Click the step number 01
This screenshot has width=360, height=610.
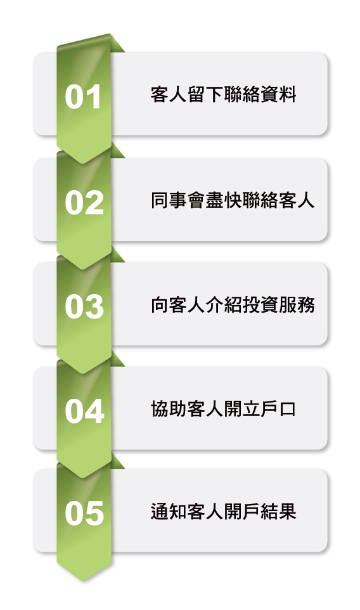(x=83, y=96)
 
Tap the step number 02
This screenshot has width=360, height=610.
(x=84, y=202)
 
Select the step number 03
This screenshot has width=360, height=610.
(x=84, y=306)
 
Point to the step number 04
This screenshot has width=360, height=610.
(x=84, y=411)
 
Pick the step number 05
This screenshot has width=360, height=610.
(x=84, y=513)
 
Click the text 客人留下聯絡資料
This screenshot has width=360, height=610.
(x=224, y=94)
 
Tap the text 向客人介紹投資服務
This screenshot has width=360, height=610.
(x=233, y=305)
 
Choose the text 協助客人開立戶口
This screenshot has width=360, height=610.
(x=224, y=409)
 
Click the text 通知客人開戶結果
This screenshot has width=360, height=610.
(x=224, y=512)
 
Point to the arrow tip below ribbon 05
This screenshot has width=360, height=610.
(x=84, y=580)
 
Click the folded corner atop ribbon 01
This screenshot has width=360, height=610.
(x=117, y=44)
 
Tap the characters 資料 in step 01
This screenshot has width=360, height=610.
(x=278, y=94)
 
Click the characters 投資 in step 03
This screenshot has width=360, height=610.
(x=260, y=305)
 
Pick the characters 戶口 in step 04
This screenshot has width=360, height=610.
(x=278, y=409)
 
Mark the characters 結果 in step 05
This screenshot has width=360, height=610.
(x=278, y=512)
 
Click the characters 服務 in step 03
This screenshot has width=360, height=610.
(x=297, y=305)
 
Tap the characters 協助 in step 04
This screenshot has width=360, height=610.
(x=169, y=409)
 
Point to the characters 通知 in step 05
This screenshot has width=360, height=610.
(x=169, y=512)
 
